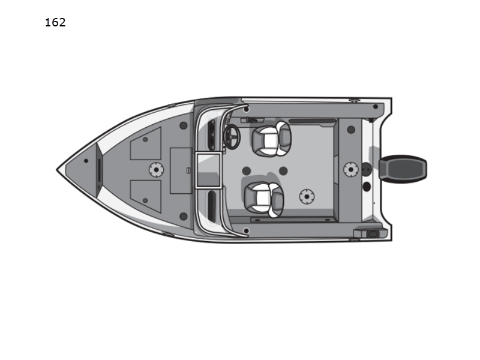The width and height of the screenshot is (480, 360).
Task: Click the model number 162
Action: (55, 22)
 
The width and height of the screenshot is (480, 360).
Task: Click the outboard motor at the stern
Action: (403, 169)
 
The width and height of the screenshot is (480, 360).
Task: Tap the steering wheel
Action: (232, 137)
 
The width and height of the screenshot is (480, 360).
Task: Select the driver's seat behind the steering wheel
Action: (271, 139)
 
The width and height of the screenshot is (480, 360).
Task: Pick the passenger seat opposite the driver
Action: (264, 200)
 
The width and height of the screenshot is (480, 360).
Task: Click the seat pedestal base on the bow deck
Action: (156, 170)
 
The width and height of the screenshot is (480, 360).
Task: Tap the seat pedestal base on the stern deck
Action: (351, 169)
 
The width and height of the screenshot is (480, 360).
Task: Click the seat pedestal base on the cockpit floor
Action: (307, 197)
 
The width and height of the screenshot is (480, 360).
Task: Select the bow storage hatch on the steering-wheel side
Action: (146, 143)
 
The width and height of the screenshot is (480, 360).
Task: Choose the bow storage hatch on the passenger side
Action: (146, 196)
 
